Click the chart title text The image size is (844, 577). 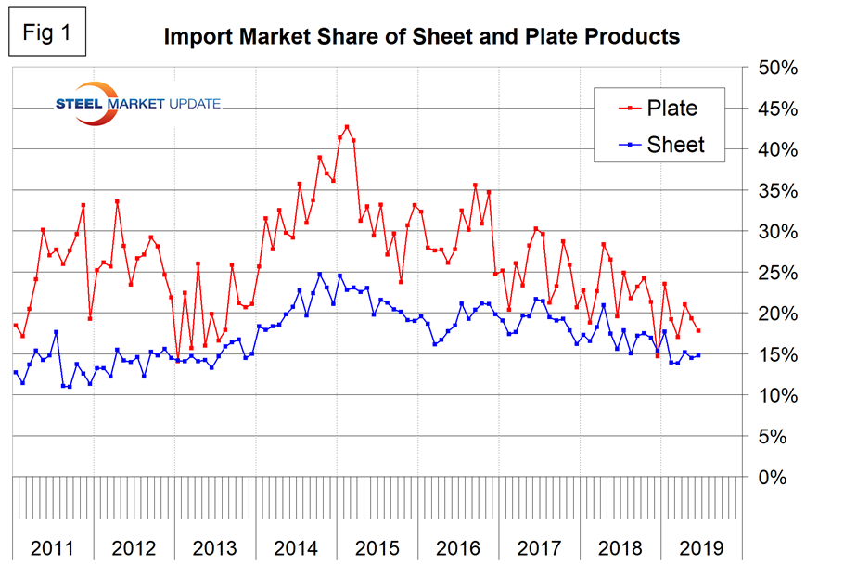coord(422,37)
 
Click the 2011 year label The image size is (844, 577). coord(52,546)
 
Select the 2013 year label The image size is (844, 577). coord(215,546)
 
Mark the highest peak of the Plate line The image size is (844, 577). coord(347,127)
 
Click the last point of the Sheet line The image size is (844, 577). coord(697,355)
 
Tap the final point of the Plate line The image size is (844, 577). coord(697,331)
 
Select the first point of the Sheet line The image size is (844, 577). coord(16,372)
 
